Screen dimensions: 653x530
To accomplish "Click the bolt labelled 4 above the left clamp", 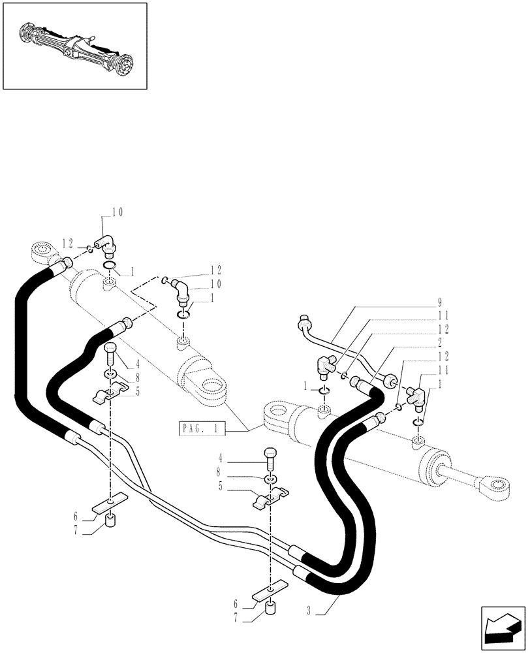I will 110,355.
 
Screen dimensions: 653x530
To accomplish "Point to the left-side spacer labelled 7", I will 110,522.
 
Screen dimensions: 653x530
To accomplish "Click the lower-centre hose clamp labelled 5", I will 270,501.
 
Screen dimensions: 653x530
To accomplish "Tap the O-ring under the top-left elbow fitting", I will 110,265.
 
